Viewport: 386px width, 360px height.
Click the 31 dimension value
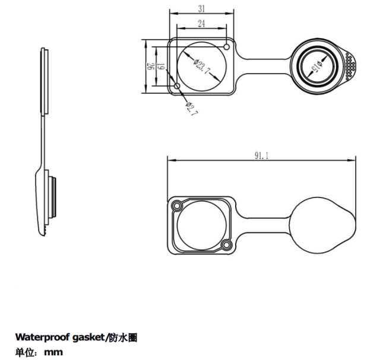202,9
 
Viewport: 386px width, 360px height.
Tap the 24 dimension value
201,24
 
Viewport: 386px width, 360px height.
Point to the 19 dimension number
160,66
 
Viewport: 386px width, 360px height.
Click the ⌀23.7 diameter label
202,66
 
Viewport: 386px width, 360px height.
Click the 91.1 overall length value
261,155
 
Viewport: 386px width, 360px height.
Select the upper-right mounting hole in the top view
227,47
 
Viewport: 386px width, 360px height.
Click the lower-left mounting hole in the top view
177,86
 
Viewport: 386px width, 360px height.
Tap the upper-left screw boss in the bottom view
177,206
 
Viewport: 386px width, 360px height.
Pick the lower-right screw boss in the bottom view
226,245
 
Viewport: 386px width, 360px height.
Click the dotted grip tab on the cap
350,66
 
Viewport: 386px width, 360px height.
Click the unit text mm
53,352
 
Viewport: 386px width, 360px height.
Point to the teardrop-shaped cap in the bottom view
322,225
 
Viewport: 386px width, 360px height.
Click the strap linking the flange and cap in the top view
264,66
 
